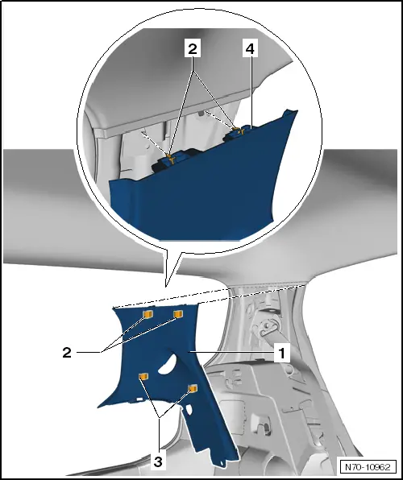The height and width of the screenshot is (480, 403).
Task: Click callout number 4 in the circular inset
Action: pyautogui.click(x=250, y=48)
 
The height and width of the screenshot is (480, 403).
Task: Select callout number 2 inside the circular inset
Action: pyautogui.click(x=193, y=48)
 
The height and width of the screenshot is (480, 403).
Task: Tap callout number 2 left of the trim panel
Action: pyautogui.click(x=67, y=353)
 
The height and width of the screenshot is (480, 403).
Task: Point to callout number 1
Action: pyautogui.click(x=281, y=353)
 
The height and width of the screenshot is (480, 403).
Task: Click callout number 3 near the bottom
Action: pyautogui.click(x=158, y=461)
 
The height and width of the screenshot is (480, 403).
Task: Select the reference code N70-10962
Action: pyautogui.click(x=368, y=467)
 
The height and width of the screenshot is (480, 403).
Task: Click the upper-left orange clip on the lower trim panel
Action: pyautogui.click(x=148, y=314)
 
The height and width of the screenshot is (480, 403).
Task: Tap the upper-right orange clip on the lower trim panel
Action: pyautogui.click(x=178, y=314)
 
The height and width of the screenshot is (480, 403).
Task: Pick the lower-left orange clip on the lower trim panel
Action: pyautogui.click(x=143, y=376)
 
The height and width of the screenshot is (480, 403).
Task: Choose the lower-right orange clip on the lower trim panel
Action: pyautogui.click(x=193, y=388)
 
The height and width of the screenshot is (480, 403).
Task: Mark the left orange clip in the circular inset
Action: pyautogui.click(x=170, y=159)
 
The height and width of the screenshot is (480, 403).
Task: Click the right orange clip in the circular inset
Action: pyautogui.click(x=239, y=130)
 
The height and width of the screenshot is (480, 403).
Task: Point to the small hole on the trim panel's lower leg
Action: pyautogui.click(x=189, y=408)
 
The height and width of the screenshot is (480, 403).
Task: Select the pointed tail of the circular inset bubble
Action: pyautogui.click(x=166, y=287)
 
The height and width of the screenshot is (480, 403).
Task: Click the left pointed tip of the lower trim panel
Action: pyautogui.click(x=98, y=407)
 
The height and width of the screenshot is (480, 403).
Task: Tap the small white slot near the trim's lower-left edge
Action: pyautogui.click(x=139, y=399)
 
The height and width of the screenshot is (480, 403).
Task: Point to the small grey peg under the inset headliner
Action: pyautogui.click(x=201, y=114)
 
